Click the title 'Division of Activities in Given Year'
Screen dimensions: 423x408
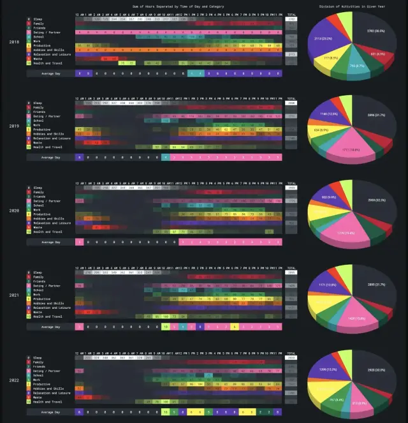pyautogui.click(x=351, y=5)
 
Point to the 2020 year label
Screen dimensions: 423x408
pyautogui.click(x=13, y=210)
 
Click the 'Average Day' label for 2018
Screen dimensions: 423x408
pyautogui.click(x=50, y=73)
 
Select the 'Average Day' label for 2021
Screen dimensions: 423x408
pyautogui.click(x=50, y=327)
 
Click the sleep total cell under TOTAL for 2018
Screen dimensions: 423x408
pyautogui.click(x=291, y=19)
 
